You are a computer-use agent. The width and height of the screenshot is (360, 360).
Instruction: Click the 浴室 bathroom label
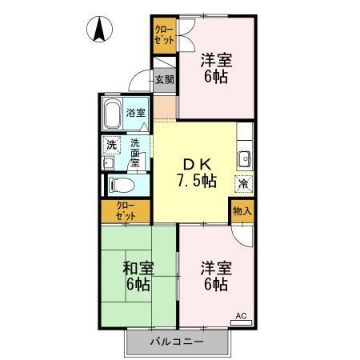136,113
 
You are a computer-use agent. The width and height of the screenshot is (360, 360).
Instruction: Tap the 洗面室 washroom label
135,152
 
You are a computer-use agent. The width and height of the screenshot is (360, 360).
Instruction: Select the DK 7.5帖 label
195,172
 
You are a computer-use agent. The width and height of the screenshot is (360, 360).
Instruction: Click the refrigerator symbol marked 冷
241,182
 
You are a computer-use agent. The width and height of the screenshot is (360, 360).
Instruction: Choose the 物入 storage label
242,210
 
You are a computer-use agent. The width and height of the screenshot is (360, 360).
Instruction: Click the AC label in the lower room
241,317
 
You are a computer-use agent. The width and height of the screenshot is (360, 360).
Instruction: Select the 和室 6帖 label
138,276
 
